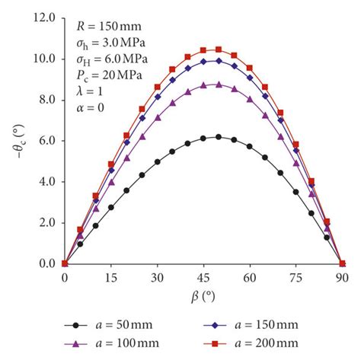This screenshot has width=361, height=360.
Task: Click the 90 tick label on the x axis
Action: point(343,278)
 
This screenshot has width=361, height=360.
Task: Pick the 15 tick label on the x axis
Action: point(111,278)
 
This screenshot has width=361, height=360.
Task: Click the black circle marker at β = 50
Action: point(219,137)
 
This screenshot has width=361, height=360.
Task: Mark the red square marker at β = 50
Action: point(219,49)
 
